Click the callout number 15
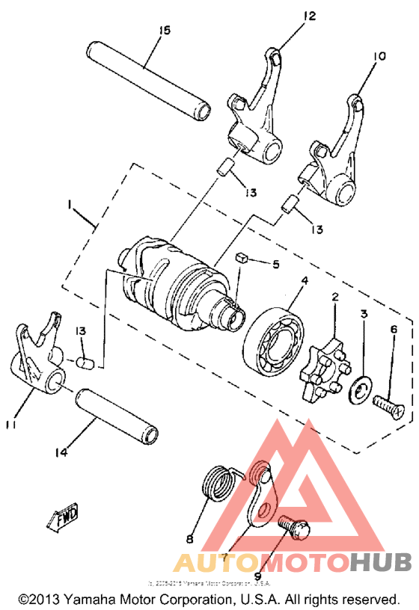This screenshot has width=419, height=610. (x=165, y=30)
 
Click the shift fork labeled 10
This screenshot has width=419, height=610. (x=334, y=153)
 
